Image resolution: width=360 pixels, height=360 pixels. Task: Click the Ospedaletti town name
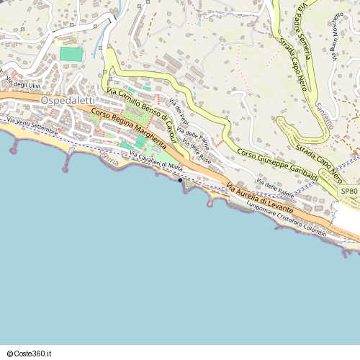(68, 100)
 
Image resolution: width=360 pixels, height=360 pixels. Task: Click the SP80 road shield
(348, 191)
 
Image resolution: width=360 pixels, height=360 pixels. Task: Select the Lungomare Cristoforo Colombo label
(286, 219)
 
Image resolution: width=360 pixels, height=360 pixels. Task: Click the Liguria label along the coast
(109, 161)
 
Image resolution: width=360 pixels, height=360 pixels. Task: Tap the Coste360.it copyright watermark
(30, 354)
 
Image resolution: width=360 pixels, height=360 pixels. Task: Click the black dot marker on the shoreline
(179, 181)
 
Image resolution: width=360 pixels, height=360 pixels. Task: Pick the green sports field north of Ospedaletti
(71, 54)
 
